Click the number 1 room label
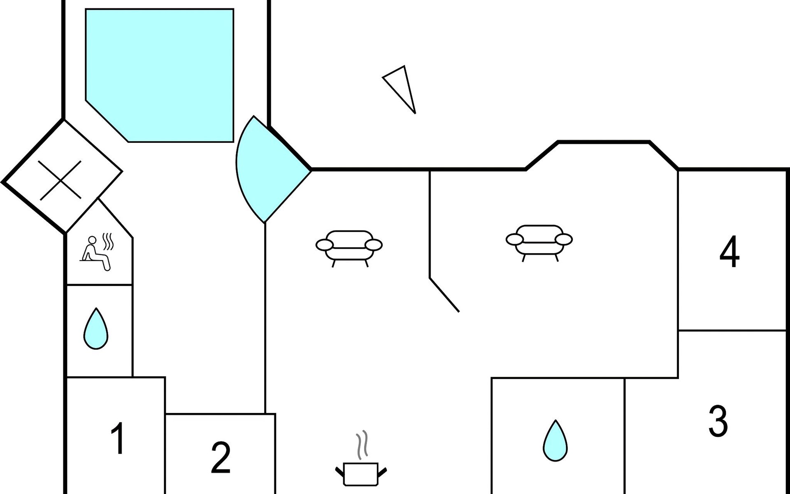(x=118, y=438)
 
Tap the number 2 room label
(x=221, y=458)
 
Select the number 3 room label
(x=718, y=421)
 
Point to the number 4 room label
(x=730, y=252)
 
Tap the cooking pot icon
(x=361, y=473)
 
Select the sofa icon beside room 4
(x=539, y=242)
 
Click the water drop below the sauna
(x=96, y=329)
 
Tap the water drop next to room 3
(x=555, y=441)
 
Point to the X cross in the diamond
(x=60, y=180)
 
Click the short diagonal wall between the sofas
(x=444, y=295)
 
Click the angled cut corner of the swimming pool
(x=107, y=121)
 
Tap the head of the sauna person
(x=93, y=240)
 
